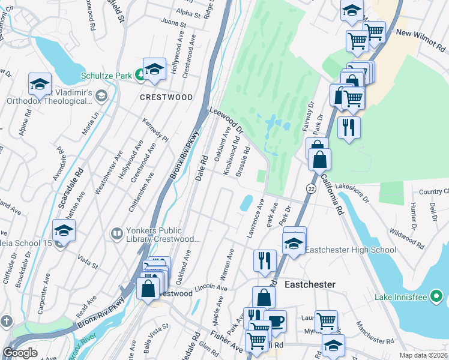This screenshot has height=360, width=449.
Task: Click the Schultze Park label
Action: click(x=107, y=76)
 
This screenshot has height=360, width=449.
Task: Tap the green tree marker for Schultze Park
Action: click(x=139, y=75)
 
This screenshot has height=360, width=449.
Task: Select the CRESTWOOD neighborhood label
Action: click(x=166, y=97)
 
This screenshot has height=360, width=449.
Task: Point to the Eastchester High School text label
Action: click(x=351, y=250)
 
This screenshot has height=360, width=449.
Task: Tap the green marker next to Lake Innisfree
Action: click(x=439, y=296)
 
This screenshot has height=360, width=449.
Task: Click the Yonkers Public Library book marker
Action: click(x=116, y=232)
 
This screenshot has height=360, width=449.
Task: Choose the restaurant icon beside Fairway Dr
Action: click(x=348, y=127)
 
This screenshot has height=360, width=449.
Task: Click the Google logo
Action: click(x=20, y=353)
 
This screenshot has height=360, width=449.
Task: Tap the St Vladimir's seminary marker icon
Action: click(x=101, y=96)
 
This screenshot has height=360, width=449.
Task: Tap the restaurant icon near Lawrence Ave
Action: click(x=265, y=260)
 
